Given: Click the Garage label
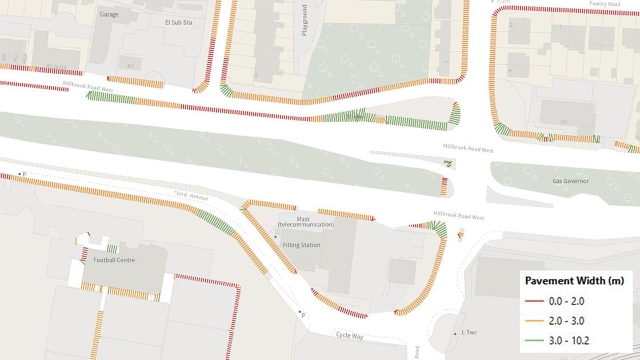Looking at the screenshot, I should coord(109,14).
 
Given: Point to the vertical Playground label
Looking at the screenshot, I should coord(305,21).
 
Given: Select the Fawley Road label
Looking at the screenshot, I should coord(605,5).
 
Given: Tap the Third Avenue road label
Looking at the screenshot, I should coord(192,196).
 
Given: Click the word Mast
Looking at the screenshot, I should coord(303,219).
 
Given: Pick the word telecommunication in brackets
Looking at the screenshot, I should coord(306,225).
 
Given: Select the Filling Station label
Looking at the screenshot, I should coord(301,245).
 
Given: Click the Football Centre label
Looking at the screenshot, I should coord(114,260).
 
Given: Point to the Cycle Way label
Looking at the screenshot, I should coord(349,336).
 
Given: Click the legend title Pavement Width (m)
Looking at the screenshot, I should coord(574,281).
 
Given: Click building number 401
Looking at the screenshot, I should coord(130,66).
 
